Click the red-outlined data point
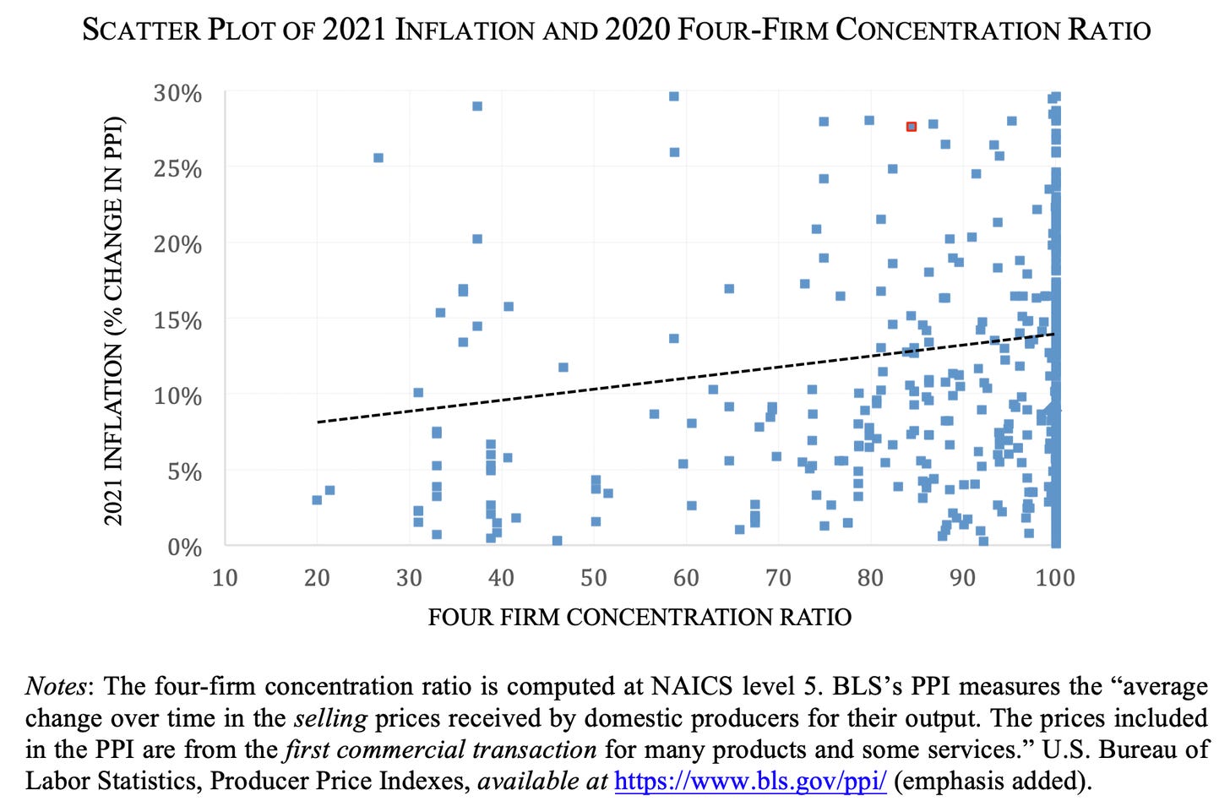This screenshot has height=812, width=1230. [x=912, y=127]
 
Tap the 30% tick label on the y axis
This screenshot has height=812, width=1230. [x=177, y=93]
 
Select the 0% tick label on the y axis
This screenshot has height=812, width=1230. [x=184, y=548]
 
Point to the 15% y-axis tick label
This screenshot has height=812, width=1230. [x=177, y=320]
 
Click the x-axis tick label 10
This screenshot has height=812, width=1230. [x=225, y=578]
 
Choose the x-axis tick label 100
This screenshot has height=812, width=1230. [x=1055, y=578]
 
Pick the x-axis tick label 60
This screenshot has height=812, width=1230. [x=686, y=578]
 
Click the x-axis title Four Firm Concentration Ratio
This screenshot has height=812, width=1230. [x=639, y=618]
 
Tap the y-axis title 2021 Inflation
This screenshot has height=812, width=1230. [x=114, y=321]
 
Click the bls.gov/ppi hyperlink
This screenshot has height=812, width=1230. [x=750, y=781]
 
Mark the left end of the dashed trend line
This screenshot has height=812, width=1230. [x=318, y=421]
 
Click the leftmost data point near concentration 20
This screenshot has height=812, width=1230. [x=317, y=500]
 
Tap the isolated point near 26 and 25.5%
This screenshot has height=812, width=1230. [x=378, y=158]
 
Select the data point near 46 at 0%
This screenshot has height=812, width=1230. [x=557, y=541]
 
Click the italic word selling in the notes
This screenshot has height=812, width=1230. [x=330, y=718]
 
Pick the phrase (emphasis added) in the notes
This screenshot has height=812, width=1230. [x=992, y=781]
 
